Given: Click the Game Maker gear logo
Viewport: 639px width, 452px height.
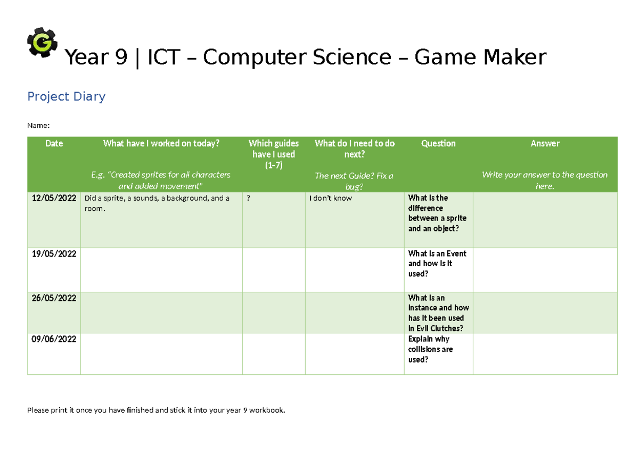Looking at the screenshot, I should pos(42,42).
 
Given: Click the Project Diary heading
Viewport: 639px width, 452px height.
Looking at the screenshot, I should pos(66,96).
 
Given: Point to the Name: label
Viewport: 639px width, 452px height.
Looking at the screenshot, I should pos(38,126).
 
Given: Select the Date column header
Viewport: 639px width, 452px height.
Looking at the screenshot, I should pos(54,143).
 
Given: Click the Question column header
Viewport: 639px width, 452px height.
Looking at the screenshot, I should pos(438,143).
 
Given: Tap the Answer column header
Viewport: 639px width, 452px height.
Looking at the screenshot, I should pos(545,143).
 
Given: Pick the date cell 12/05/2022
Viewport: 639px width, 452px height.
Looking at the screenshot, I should pos(54,198).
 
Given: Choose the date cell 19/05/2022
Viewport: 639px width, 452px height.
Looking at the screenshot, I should pos(54,253).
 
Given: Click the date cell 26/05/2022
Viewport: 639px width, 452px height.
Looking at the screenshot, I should pos(54,298).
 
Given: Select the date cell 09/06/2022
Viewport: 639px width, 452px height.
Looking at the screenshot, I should pos(54,339).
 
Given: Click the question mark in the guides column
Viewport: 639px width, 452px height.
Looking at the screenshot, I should pos(249,198).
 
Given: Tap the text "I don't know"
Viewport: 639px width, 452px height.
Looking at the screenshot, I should pos(331,198).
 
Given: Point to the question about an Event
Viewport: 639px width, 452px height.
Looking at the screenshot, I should pos(437,264).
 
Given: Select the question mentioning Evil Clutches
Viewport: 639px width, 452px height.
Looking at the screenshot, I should pos(438,313).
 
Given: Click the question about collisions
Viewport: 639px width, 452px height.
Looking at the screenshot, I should pos(431,349).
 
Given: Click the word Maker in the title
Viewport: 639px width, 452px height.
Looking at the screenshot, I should pos(514,57).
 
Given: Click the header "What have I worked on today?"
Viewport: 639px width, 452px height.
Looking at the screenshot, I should pos(161,143).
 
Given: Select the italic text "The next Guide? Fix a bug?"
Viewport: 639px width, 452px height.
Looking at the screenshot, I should pos(354,181).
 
